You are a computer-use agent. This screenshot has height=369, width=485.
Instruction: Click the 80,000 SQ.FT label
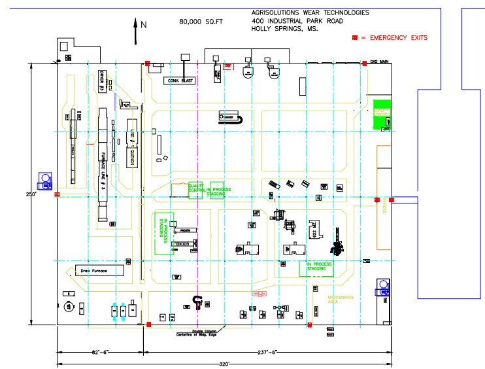point(201,22)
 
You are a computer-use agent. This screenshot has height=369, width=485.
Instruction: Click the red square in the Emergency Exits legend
point(355,38)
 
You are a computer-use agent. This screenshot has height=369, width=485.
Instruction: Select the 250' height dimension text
point(30,194)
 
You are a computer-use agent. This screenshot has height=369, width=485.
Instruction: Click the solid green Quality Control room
point(381,114)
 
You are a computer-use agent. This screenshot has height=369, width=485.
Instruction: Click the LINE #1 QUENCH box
point(133,143)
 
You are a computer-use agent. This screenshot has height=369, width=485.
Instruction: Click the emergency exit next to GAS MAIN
point(364,63)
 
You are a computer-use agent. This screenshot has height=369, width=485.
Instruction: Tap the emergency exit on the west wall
point(56,194)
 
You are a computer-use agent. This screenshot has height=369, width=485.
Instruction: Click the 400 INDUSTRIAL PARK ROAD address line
point(297,21)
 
